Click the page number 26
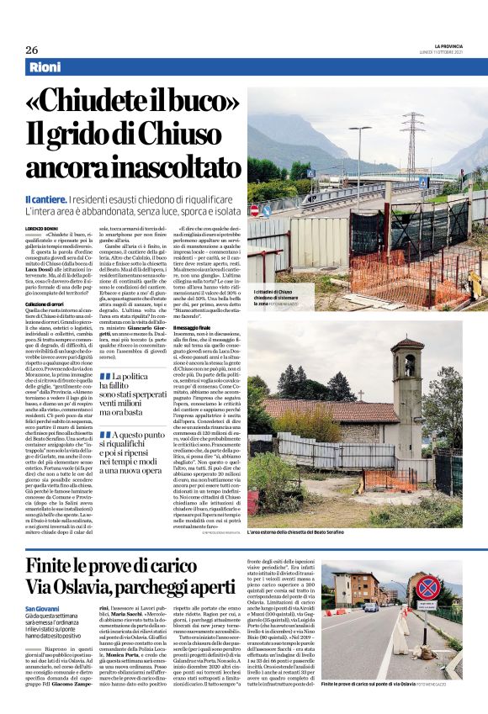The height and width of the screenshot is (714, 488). (x=32, y=50)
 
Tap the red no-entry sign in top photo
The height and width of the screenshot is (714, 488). (x=255, y=210)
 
